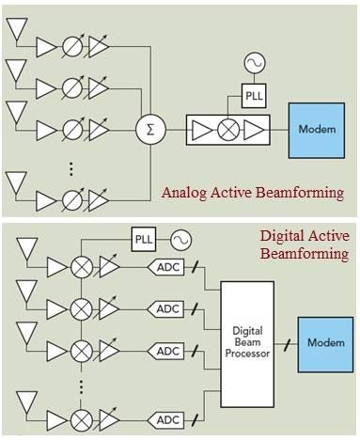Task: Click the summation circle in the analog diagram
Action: click(x=148, y=129)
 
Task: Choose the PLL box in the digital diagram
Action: click(x=143, y=237)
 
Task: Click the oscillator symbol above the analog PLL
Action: click(x=252, y=64)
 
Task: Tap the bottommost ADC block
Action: click(x=168, y=419)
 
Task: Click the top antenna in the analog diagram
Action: click(x=17, y=30)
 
